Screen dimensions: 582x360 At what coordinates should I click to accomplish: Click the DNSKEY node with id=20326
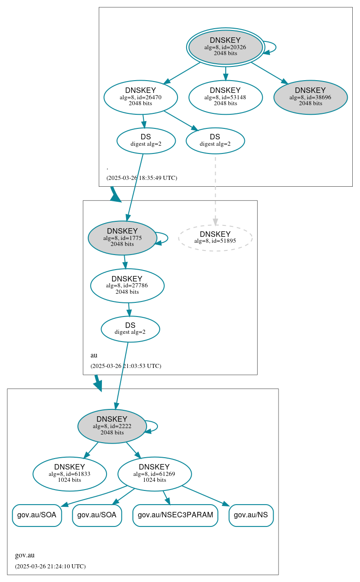(225, 47)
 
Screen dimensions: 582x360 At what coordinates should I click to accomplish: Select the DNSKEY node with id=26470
(141, 97)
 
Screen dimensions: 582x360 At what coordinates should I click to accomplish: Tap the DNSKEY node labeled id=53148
(225, 97)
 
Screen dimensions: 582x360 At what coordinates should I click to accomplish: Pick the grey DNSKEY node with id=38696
(310, 97)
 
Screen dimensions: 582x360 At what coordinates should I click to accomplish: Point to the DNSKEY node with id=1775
(122, 238)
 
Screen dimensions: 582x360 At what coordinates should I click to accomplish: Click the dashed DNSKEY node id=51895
(215, 238)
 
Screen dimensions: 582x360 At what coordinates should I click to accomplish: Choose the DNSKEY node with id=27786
(127, 286)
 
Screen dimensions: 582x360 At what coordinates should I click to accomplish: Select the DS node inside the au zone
(130, 329)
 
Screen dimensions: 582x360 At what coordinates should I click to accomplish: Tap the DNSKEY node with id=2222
(112, 426)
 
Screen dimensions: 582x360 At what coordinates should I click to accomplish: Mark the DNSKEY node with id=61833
(70, 474)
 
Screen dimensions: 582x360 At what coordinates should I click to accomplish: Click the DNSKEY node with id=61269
(154, 474)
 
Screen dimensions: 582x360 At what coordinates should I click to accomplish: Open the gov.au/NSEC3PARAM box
(175, 515)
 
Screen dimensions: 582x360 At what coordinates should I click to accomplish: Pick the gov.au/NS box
(251, 515)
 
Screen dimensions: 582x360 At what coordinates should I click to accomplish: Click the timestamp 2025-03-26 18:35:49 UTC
(142, 178)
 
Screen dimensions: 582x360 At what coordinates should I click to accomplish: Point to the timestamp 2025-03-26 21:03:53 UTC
(126, 366)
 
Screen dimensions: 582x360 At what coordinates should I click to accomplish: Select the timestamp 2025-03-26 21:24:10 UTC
(50, 567)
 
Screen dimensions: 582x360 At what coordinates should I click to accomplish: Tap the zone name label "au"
(94, 355)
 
